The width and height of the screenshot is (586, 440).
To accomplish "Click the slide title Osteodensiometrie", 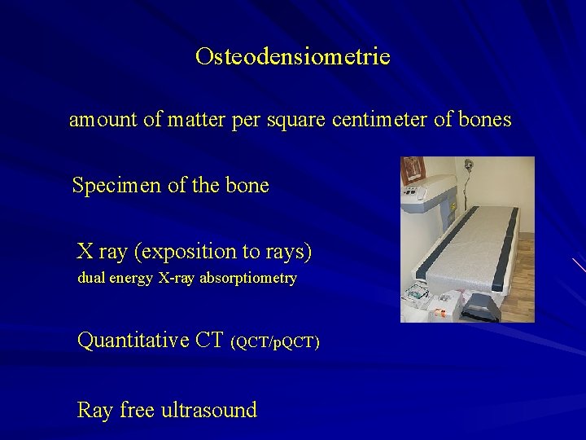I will coord(293,57).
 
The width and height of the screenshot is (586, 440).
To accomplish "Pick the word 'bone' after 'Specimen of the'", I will coord(248,186).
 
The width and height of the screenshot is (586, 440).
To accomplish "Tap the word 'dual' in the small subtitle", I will coord(91,278).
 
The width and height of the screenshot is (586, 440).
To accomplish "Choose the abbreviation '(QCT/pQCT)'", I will coord(275,342).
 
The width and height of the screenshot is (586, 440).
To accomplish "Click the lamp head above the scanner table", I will coord(469,165).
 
